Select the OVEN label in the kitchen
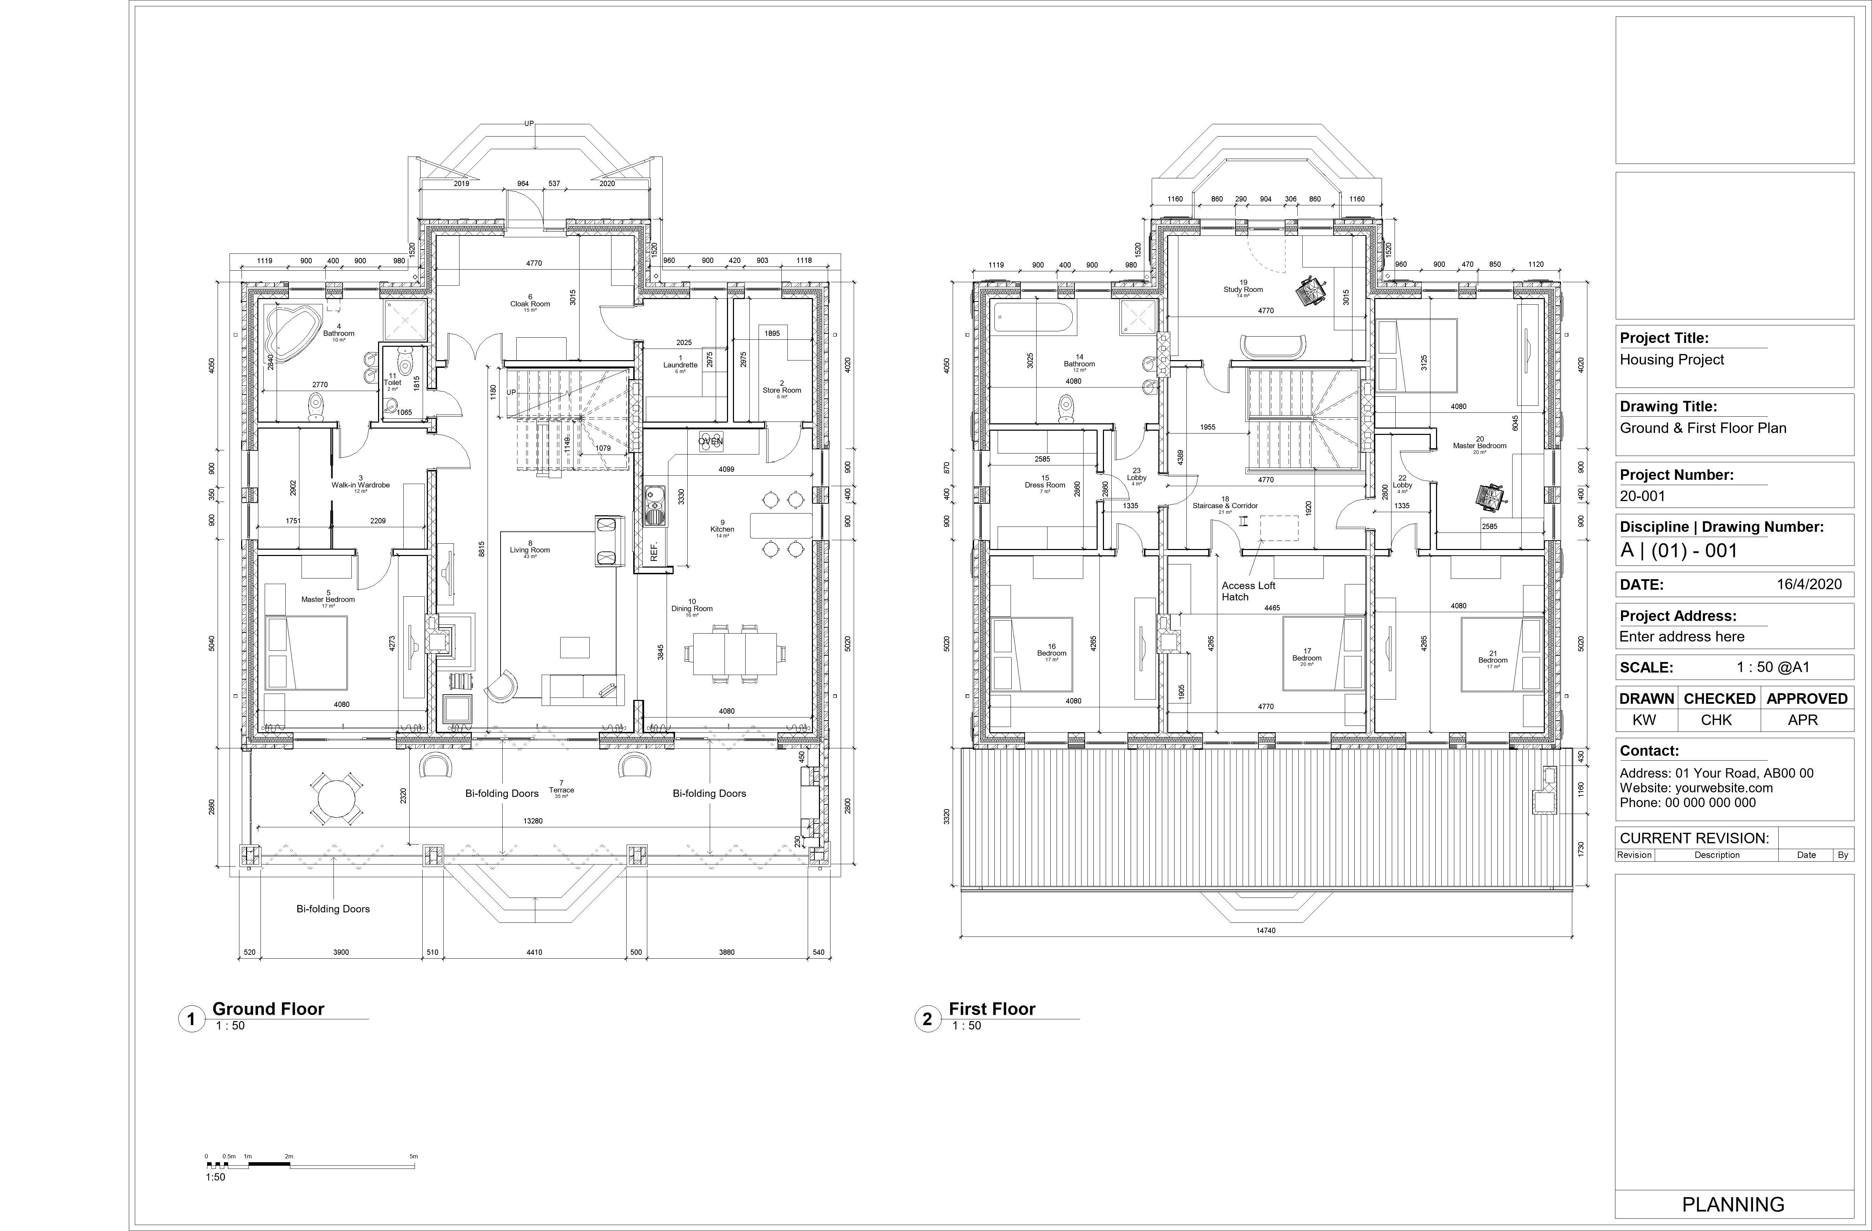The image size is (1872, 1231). pyautogui.click(x=710, y=441)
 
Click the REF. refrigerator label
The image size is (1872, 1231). pyautogui.click(x=654, y=551)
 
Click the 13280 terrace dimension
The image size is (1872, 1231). pyautogui.click(x=533, y=820)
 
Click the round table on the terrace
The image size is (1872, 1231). pyautogui.click(x=337, y=799)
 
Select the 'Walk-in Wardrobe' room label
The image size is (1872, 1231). pyautogui.click(x=360, y=485)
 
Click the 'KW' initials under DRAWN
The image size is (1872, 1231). pyautogui.click(x=1644, y=720)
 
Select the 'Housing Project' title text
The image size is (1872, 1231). pyautogui.click(x=1672, y=359)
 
